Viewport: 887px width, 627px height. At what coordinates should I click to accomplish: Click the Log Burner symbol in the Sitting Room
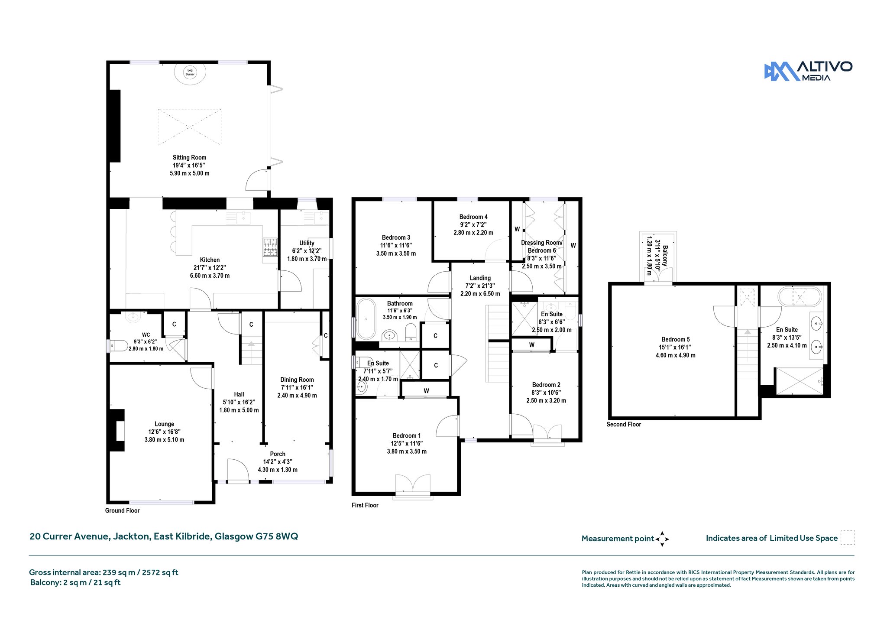coord(190,72)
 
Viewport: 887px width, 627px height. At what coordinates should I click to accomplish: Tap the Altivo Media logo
coord(808,71)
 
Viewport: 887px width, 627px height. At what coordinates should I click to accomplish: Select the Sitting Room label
coord(189,165)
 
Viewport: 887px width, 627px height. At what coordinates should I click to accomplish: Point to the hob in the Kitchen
coord(269,247)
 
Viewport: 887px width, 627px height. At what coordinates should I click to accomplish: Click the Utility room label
coord(307,251)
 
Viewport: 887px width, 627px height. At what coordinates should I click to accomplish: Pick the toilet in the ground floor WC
coord(117,346)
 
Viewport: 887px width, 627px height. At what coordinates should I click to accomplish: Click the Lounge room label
coord(164,432)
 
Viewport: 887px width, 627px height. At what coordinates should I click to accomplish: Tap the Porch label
coord(278,461)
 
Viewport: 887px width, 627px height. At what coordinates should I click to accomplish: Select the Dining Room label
coord(297,387)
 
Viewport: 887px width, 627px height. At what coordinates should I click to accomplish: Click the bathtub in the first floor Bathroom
coord(366,318)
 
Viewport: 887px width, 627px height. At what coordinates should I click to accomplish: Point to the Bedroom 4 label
coord(473,224)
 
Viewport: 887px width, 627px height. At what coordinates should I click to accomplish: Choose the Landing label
coord(480,286)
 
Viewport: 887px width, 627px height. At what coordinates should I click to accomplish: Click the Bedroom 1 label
coord(407,443)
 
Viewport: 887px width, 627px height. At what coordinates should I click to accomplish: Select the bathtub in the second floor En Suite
coord(800,297)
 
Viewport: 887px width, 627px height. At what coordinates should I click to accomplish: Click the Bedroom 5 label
coord(676,347)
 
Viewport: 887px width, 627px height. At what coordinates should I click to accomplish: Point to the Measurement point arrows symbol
coord(662,539)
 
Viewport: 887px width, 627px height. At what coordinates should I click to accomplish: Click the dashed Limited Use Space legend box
coord(848,538)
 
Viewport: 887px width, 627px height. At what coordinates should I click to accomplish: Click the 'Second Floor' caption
coord(624,424)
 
